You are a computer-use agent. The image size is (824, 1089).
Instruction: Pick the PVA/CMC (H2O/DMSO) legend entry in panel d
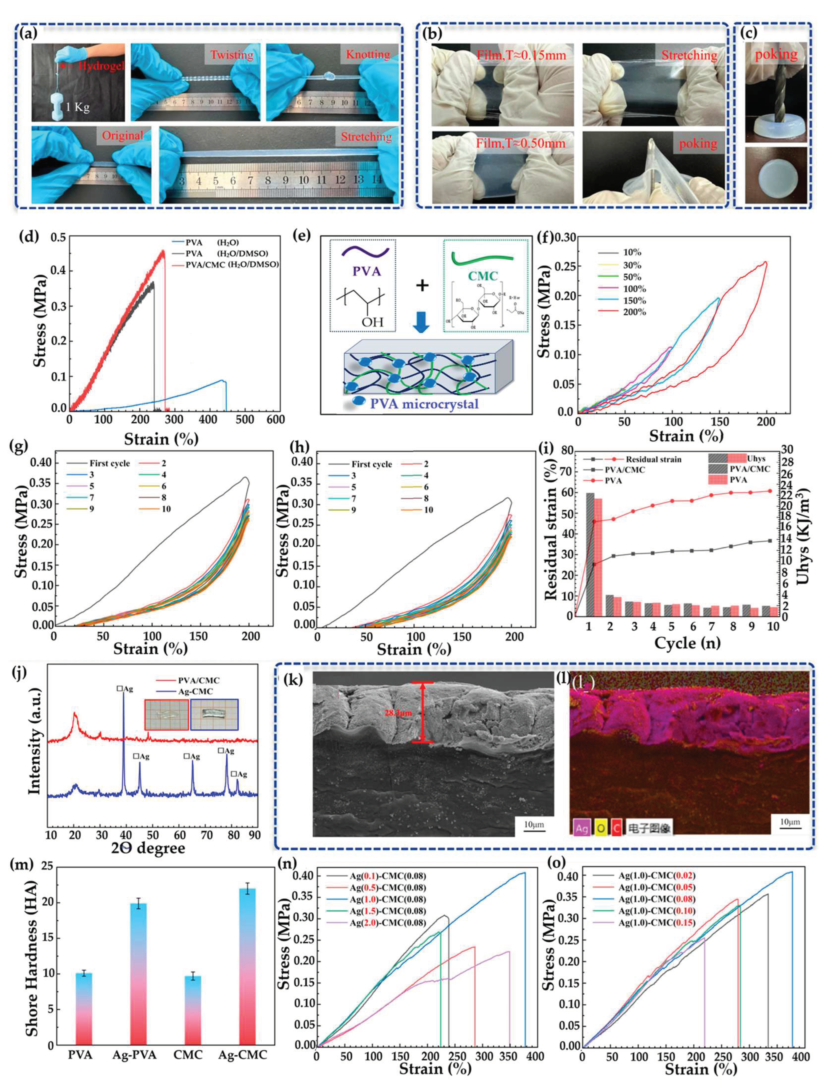(x=231, y=264)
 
